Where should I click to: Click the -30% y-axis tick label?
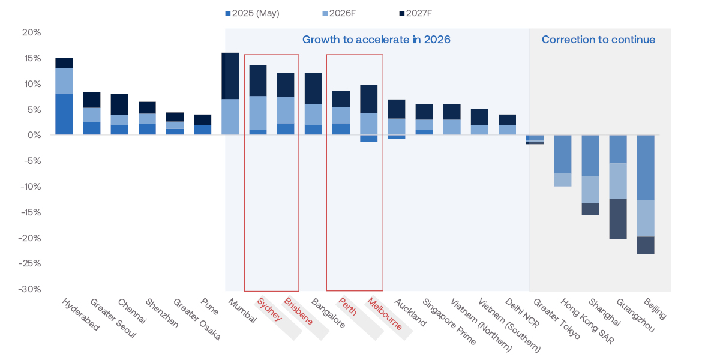tap(29, 289)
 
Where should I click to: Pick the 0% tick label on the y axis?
tap(34, 135)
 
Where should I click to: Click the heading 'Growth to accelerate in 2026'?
tap(376, 40)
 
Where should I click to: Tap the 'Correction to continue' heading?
tap(598, 40)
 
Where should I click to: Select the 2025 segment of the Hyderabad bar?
tap(64, 114)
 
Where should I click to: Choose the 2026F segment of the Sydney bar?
tap(258, 113)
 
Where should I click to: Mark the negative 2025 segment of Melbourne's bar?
tap(368, 139)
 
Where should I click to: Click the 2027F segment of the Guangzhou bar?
tap(618, 218)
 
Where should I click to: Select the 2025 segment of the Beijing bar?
tap(646, 167)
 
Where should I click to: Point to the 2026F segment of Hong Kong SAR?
tap(562, 179)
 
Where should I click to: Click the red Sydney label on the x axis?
tap(269, 310)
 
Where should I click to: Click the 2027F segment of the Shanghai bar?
tap(590, 209)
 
